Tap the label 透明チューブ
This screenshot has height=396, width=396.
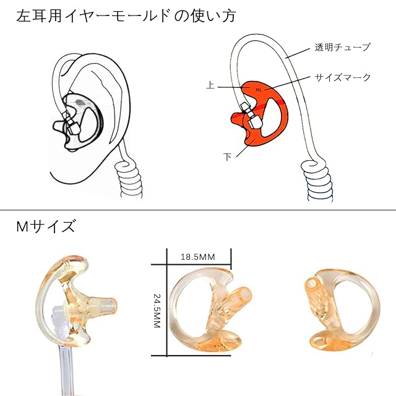pyautogui.click(x=343, y=47)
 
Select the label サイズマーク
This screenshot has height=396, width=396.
pyautogui.click(x=343, y=77)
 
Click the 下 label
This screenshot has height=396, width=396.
pyautogui.click(x=227, y=156)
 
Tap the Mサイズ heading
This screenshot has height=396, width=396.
pyautogui.click(x=46, y=226)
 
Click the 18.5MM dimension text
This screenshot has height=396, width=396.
pyautogui.click(x=199, y=256)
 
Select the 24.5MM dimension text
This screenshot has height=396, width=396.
pyautogui.click(x=157, y=310)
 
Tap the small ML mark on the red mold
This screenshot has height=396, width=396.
pyautogui.click(x=259, y=90)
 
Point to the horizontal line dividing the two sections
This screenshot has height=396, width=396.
pyautogui.click(x=198, y=210)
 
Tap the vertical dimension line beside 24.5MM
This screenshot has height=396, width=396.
pyautogui.click(x=167, y=309)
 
